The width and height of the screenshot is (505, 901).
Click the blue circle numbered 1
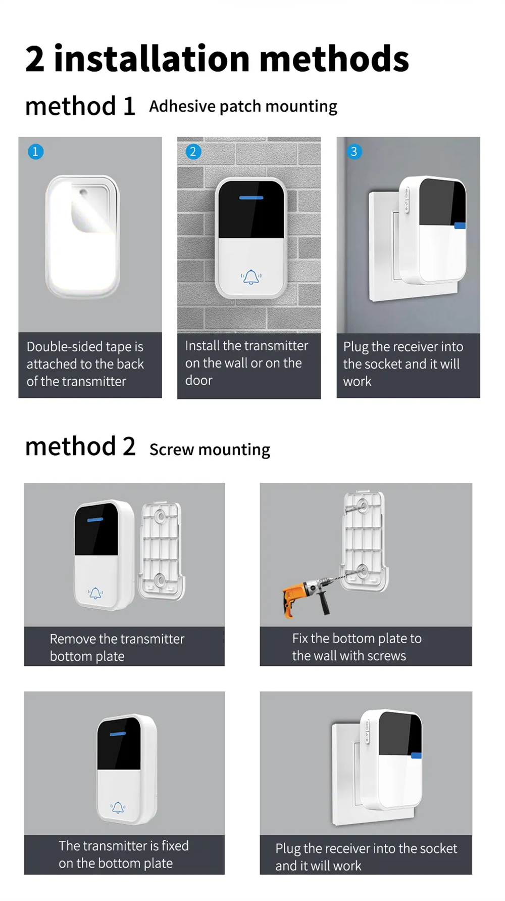[35, 152]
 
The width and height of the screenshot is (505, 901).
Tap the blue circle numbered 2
[193, 152]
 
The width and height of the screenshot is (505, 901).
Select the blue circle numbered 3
[354, 152]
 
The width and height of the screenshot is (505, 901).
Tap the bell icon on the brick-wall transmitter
[251, 277]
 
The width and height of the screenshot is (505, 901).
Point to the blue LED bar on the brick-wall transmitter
[251, 198]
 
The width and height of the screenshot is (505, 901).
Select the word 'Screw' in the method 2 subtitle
[171, 449]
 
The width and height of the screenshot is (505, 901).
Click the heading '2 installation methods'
[217, 59]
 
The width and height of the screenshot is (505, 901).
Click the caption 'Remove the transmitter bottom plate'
[117, 647]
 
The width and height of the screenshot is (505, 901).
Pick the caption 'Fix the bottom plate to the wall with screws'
[357, 647]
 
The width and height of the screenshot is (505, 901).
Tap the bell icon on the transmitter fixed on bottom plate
[118, 807]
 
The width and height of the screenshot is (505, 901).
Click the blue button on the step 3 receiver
[460, 226]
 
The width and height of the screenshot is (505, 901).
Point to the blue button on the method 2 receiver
[416, 755]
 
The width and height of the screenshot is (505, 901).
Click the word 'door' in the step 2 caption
[198, 381]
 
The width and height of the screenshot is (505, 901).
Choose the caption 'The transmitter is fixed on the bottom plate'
[123, 854]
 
